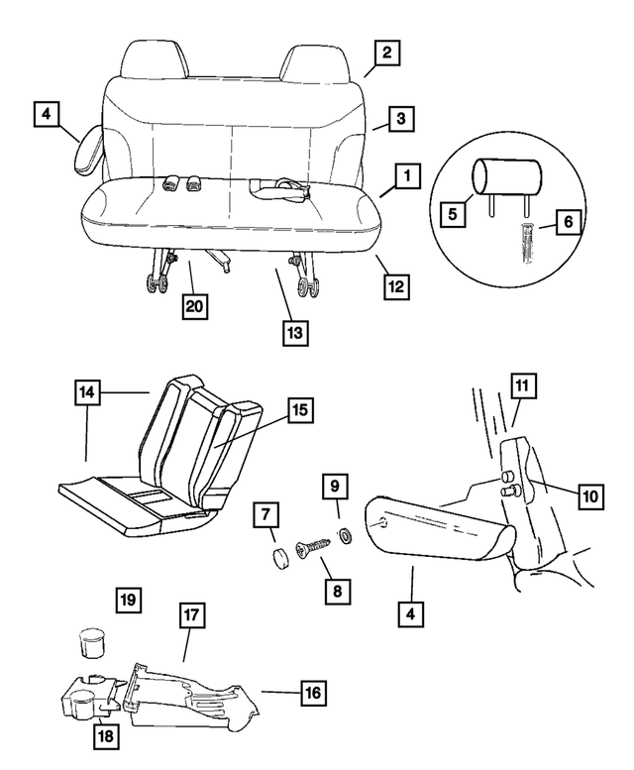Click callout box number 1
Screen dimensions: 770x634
404,177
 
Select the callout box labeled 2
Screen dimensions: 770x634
386,53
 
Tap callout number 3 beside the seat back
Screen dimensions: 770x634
399,119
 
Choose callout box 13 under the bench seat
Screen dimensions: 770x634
294,332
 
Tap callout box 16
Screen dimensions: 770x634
313,695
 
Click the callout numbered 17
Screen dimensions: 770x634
193,614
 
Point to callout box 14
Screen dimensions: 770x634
89,392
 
